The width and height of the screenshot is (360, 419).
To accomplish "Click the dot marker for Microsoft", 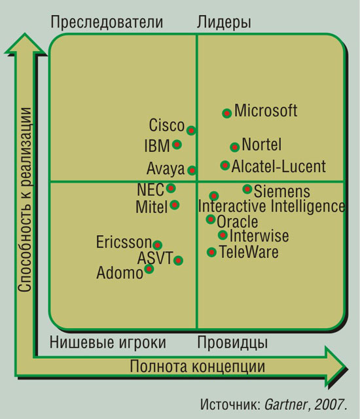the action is point(227,113).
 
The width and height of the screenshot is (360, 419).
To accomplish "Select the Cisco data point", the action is point(191,131).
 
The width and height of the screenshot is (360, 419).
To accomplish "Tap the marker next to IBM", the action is point(177,145).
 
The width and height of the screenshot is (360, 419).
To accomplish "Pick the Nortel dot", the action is point(235,147).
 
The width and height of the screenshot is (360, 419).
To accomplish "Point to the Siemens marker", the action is point(247,189).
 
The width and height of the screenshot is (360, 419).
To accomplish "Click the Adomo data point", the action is point(149,268).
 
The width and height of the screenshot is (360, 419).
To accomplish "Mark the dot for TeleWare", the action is point(212,252).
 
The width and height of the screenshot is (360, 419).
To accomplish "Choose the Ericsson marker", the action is point(158,245).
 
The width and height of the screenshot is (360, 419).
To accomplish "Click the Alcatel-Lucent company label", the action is point(279,166).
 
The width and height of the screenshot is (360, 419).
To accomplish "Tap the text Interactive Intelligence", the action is point(272,206).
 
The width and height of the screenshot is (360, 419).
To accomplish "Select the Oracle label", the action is point(238,222).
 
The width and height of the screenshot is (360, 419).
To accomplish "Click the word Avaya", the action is point(166,169).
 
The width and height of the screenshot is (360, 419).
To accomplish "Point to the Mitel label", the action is point(152,207).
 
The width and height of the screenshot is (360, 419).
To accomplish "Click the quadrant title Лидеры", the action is point(224,22).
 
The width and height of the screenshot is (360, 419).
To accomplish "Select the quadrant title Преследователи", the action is point(107,22).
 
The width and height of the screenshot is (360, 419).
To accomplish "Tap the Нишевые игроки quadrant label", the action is point(108,342).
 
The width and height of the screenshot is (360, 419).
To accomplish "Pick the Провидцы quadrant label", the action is point(232,342).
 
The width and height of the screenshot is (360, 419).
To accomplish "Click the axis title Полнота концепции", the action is point(198,366).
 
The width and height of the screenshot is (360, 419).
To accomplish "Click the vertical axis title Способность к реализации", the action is point(25,199).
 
